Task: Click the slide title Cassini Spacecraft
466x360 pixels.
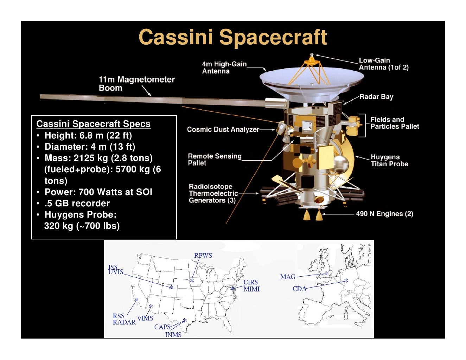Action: coord(232,37)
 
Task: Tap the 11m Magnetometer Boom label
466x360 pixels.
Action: coord(136,84)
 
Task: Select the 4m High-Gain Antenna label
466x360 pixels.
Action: coord(224,67)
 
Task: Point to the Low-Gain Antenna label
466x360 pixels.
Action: coord(383,64)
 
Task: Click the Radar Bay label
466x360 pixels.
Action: coord(376,97)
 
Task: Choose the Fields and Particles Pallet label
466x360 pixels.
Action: coord(394,123)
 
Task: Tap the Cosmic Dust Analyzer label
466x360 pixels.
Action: coord(223,129)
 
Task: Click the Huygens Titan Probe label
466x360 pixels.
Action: coord(389,160)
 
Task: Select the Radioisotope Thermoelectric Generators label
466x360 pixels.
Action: coord(213,193)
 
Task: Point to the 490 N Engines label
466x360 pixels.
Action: coord(384,214)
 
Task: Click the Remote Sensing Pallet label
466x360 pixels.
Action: coord(215,159)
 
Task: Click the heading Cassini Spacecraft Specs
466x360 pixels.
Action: coord(93,124)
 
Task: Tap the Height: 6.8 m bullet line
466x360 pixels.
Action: coord(88,135)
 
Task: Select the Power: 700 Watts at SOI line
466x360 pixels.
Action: coord(98,192)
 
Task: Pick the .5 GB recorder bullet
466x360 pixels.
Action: coord(77,203)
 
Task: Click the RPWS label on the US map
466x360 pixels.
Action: coord(203,255)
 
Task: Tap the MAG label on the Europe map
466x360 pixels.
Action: coord(288,277)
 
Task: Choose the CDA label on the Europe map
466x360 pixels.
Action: coord(299,289)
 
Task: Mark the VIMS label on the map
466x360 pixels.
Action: coord(145,318)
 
